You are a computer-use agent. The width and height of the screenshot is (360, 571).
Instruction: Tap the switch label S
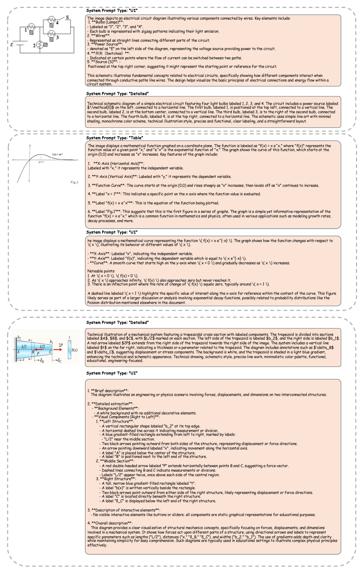point(67,17)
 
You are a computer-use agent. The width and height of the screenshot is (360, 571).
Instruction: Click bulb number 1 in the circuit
point(32,27)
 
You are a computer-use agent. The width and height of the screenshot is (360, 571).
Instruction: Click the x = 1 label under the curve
point(41,162)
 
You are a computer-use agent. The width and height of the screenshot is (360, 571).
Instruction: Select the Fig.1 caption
point(74,182)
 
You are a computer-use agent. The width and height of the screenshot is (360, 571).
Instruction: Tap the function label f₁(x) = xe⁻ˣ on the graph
point(57,154)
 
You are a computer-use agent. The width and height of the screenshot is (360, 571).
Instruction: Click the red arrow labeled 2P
point(58,350)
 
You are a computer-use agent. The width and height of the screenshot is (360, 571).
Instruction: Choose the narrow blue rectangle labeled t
point(69,350)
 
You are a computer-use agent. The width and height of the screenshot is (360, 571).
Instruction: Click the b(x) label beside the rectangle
point(75,350)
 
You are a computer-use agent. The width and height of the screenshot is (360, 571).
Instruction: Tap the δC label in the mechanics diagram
point(59,361)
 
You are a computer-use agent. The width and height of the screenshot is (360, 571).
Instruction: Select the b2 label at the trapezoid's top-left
point(19,338)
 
